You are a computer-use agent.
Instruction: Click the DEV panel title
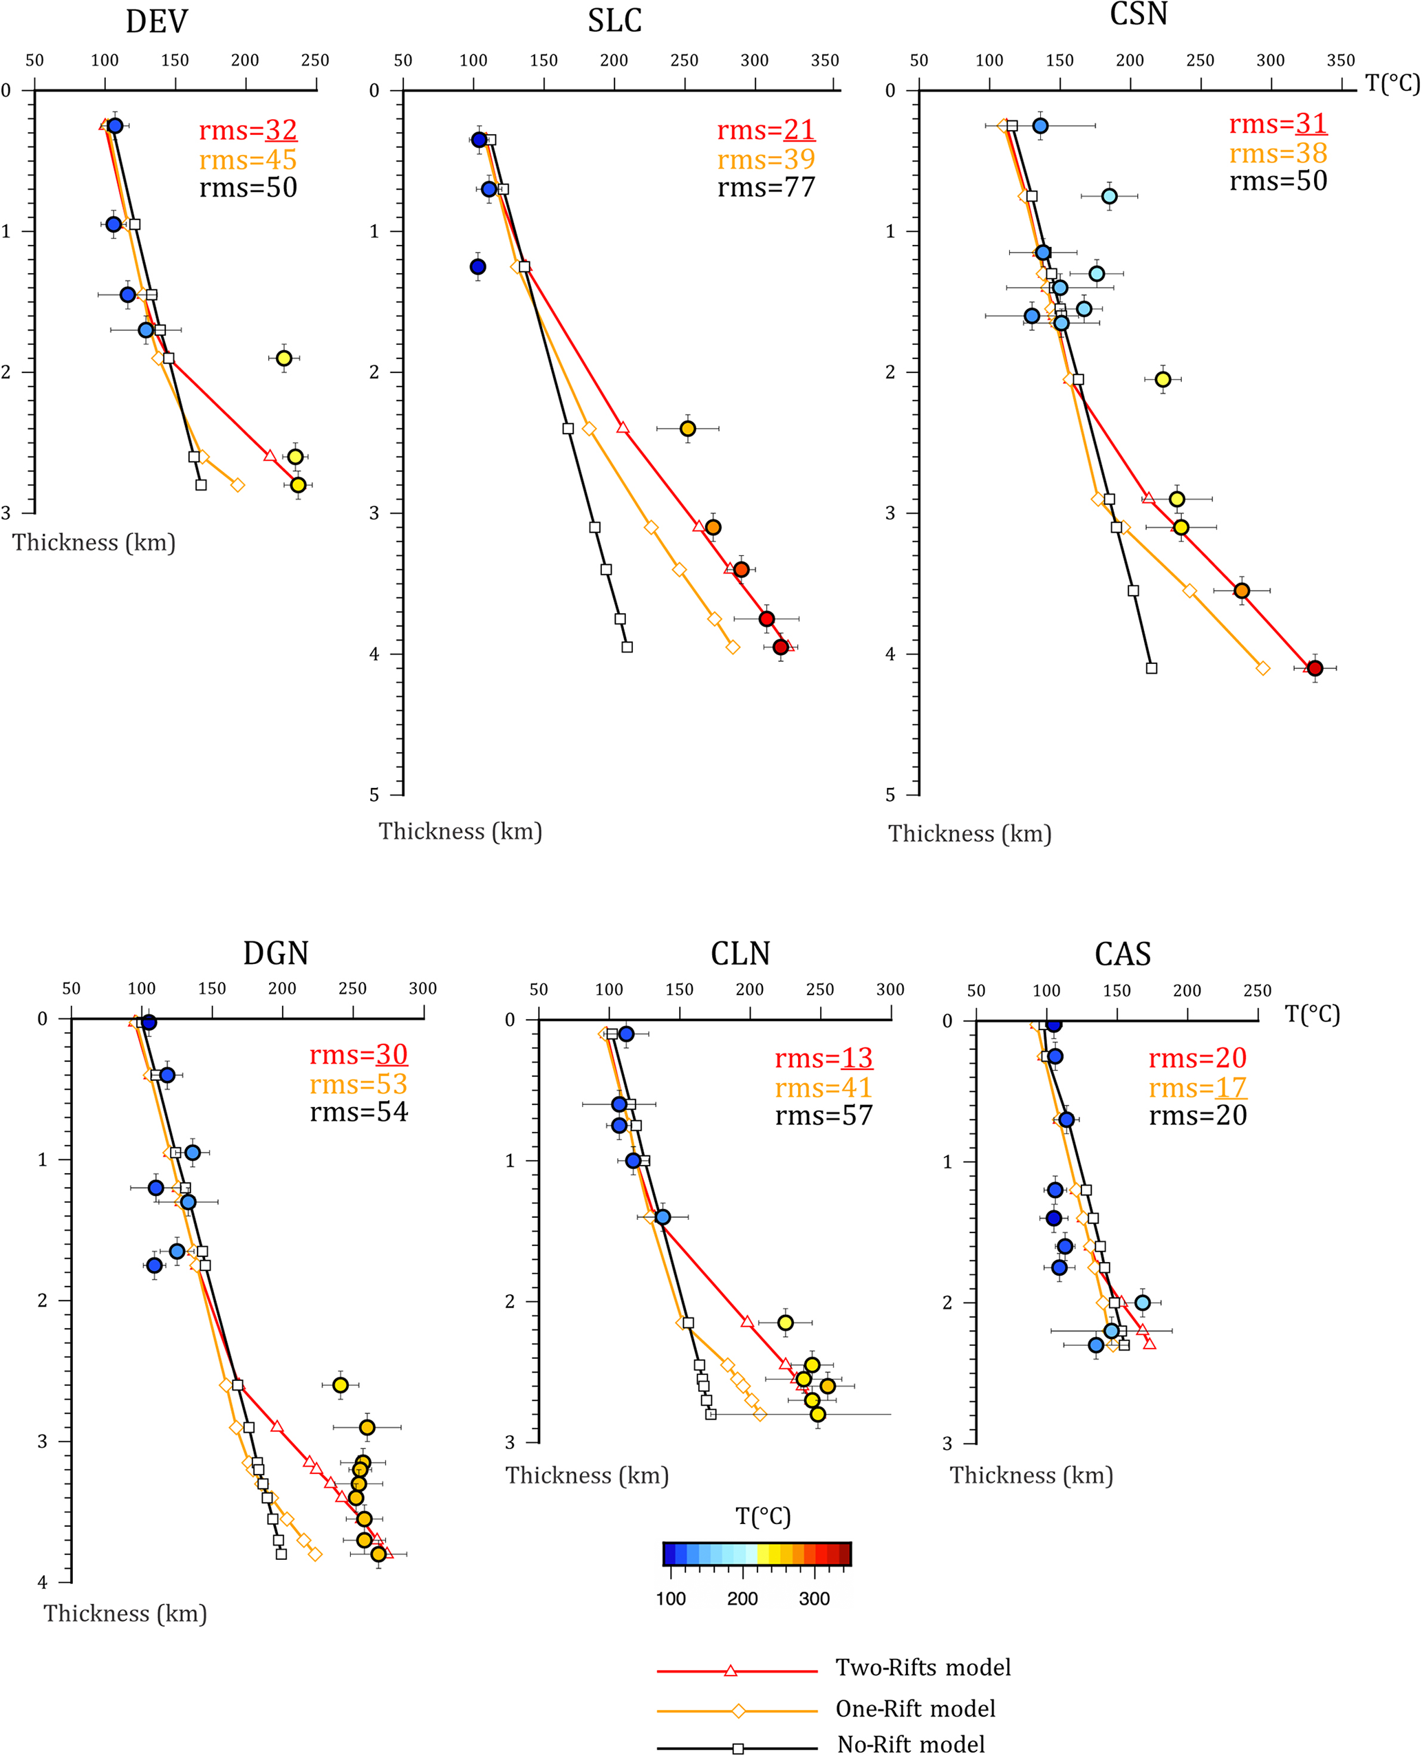pyautogui.click(x=156, y=21)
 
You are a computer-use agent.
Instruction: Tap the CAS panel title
pyautogui.click(x=1122, y=954)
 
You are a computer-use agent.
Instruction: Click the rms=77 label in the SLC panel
pyautogui.click(x=766, y=188)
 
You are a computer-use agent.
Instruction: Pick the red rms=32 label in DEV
pyautogui.click(x=248, y=129)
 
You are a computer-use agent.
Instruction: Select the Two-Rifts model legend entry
pyautogui.click(x=923, y=1667)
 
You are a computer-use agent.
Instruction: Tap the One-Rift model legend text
pyautogui.click(x=915, y=1709)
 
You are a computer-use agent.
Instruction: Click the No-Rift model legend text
pyautogui.click(x=911, y=1744)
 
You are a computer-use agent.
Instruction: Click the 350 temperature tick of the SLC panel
pyautogui.click(x=824, y=61)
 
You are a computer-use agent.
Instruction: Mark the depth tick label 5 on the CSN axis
pyautogui.click(x=890, y=794)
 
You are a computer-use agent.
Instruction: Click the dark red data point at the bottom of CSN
pyautogui.click(x=1315, y=668)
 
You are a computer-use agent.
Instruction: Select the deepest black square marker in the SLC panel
pyautogui.click(x=627, y=647)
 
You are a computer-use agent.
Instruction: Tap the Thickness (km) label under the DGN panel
pyautogui.click(x=125, y=1613)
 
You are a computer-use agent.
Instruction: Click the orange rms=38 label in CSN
pyautogui.click(x=1278, y=153)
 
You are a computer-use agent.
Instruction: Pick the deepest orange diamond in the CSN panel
pyautogui.click(x=1262, y=668)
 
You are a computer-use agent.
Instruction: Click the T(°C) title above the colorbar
pyautogui.click(x=763, y=1516)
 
